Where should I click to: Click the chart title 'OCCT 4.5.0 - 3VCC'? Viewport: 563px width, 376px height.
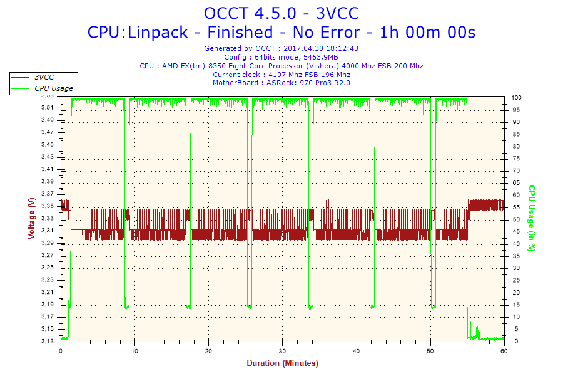pos(281,13)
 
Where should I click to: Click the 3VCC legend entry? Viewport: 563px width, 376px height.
pos(44,77)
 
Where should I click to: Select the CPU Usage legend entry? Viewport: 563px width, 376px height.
pos(53,88)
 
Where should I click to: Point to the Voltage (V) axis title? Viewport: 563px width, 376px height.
pos(31,218)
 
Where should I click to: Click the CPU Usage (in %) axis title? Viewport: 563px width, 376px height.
pos(532,218)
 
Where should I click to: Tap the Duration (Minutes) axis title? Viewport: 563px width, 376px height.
pos(282,363)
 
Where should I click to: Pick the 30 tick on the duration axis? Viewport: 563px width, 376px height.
pos(283,351)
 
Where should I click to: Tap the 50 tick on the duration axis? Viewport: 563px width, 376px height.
pos(430,351)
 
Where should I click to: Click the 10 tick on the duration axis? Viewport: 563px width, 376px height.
pos(134,351)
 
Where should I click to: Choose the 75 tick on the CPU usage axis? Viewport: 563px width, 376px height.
pos(515,159)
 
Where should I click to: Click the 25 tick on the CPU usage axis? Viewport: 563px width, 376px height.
pos(515,281)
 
